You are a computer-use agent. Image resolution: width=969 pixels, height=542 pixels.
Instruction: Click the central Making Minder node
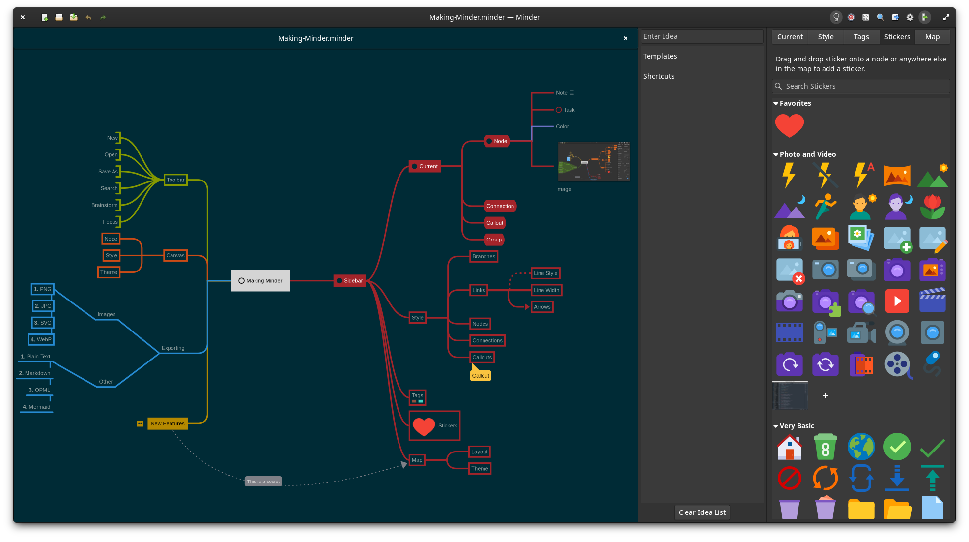260,281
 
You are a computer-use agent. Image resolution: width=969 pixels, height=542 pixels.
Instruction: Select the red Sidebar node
350,281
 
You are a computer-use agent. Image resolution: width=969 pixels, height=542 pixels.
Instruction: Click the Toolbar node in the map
175,180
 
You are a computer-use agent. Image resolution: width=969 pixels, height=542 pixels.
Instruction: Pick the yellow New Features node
167,423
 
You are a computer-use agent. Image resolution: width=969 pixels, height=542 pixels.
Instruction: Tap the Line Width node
546,290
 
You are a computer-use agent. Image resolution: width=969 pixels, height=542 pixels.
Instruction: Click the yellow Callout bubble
481,376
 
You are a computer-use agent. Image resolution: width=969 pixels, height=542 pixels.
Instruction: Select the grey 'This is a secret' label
263,482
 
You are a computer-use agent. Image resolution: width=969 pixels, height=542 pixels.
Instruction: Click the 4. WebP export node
41,339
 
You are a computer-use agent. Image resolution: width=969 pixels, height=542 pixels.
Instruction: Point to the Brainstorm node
105,205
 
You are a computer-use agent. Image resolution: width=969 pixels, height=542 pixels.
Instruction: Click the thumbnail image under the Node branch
594,161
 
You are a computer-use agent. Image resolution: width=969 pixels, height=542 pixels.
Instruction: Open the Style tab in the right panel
826,37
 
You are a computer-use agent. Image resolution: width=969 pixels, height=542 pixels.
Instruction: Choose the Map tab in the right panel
932,37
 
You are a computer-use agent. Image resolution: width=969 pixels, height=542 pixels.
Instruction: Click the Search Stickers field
865,86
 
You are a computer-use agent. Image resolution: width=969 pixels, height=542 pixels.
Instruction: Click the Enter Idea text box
702,36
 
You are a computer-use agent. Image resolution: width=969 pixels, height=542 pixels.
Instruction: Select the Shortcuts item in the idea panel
659,76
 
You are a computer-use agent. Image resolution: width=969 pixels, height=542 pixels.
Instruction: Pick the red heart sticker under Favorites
789,125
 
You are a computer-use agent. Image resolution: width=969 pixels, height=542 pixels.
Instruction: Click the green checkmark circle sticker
897,447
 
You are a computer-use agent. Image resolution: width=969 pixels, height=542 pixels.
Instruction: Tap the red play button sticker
897,301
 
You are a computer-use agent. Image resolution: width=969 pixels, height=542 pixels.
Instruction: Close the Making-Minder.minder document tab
625,38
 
